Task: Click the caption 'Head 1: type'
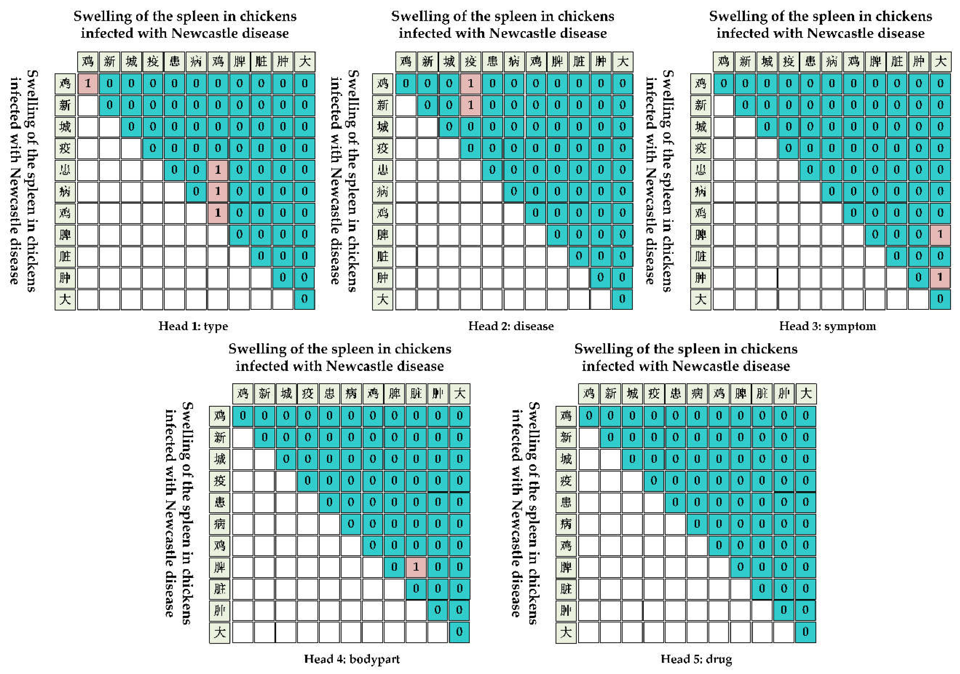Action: click(x=193, y=326)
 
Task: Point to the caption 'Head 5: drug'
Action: click(x=696, y=659)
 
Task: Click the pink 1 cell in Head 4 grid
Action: click(x=415, y=567)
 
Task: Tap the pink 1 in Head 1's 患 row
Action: click(x=218, y=170)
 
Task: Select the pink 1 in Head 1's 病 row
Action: click(x=218, y=191)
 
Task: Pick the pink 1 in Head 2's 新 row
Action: click(x=470, y=105)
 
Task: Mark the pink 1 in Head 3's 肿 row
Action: click(x=940, y=278)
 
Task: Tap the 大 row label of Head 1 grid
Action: click(x=65, y=299)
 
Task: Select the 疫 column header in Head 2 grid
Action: click(x=470, y=62)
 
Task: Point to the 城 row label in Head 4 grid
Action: click(x=219, y=459)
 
